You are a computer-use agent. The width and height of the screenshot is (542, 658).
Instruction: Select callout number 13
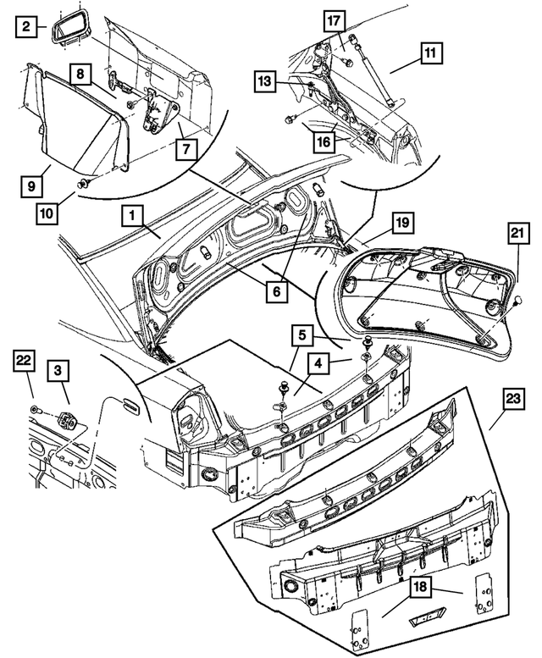click(x=266, y=81)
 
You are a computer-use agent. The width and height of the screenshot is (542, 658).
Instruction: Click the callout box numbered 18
click(x=421, y=588)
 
